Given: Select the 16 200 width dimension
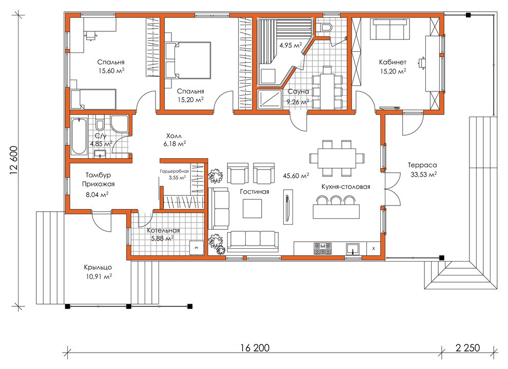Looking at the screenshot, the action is point(255,347).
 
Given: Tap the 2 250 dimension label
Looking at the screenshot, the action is point(467,347).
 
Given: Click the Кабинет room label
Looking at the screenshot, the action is point(393,62).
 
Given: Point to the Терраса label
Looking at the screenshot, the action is point(422,165).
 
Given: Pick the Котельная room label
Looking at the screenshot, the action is point(163,230).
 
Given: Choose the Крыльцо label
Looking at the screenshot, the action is point(98,267).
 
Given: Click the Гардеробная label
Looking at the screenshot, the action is point(174,171).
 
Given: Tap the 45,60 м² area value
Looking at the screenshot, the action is point(296,176).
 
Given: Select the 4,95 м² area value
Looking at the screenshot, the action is point(290,45).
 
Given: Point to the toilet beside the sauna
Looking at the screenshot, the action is point(323,27).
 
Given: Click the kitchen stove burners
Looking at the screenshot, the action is point(323,249).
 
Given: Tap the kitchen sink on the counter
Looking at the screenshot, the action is point(353,249).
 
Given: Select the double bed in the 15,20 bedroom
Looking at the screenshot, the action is point(188,60).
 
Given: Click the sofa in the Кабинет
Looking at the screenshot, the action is point(390,29).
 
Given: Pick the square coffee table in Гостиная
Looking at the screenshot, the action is point(252,209).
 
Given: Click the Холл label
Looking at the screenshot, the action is point(174,136).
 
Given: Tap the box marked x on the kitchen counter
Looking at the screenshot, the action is point(374,249).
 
